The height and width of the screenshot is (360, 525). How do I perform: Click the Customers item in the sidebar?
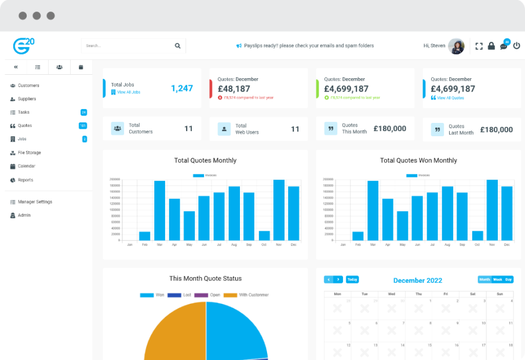pos(28,86)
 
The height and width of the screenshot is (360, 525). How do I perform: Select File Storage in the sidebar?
pos(29,153)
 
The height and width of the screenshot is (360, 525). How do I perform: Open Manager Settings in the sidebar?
pos(35,202)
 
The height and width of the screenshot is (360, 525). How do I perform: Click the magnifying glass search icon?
pos(177,46)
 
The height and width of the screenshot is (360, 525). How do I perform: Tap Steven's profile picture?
pos(457,46)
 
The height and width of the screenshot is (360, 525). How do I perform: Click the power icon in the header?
pos(516,46)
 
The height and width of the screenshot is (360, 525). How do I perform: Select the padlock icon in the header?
pos(491,46)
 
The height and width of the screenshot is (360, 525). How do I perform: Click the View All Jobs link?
pos(128,92)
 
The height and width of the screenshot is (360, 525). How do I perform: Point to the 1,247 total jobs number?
pos(182,88)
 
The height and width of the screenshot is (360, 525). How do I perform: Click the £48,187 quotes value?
pos(234,89)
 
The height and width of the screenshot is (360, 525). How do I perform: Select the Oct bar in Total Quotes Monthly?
pos(264,235)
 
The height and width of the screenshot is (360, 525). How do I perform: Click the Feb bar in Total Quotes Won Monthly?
pos(358,236)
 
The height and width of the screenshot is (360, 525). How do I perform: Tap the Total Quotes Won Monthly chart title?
pos(418,161)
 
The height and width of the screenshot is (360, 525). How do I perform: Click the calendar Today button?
pos(352,279)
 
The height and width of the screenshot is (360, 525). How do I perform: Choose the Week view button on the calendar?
pos(497,279)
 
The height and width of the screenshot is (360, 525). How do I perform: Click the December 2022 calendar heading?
pos(418,281)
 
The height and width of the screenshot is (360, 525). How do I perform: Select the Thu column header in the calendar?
pos(418,294)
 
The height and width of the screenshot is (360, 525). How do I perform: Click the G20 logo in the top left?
pos(24,46)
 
